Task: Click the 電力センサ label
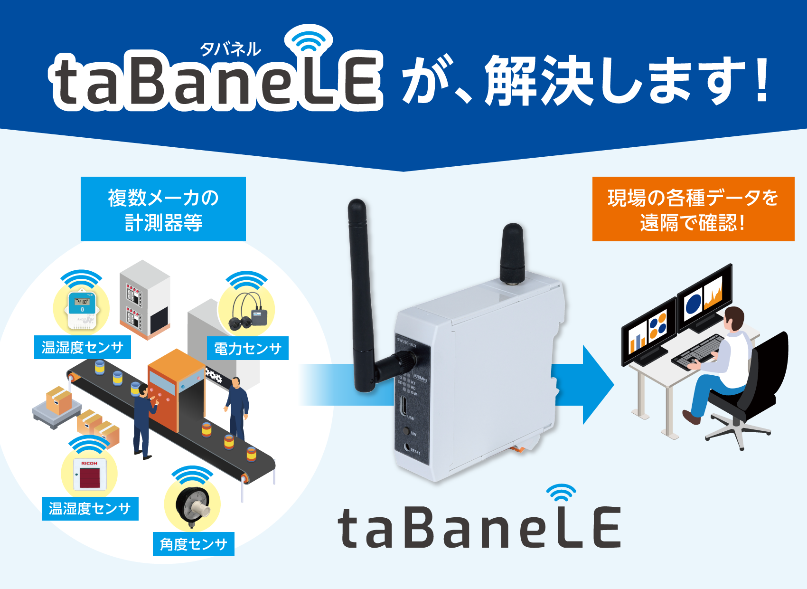[x=248, y=349]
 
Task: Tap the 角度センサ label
[x=194, y=544]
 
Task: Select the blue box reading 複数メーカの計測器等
[x=163, y=209]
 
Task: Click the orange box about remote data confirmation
[x=693, y=209]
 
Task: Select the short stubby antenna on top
[x=513, y=254]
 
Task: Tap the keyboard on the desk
[x=698, y=351]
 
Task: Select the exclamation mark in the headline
[x=762, y=81]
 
